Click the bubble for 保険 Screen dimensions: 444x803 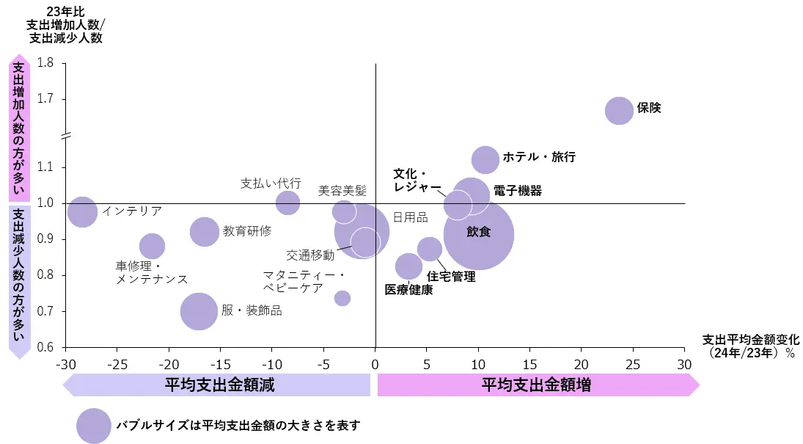(619, 111)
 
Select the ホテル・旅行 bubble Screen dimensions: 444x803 (485, 159)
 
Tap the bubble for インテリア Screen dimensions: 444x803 (82, 212)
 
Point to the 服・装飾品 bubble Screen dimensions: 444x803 (198, 311)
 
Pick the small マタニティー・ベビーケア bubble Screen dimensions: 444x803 (342, 298)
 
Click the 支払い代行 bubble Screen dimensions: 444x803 (287, 202)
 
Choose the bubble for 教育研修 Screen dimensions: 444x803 (205, 232)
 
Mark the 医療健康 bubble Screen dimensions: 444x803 (408, 266)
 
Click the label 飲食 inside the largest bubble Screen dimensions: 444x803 (478, 232)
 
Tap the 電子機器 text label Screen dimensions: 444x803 (518, 191)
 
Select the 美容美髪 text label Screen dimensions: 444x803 (342, 191)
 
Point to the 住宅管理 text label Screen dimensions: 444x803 (451, 277)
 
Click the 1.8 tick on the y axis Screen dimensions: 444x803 (45, 63)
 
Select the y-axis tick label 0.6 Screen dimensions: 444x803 (45, 347)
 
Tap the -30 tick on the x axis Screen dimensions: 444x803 (65, 363)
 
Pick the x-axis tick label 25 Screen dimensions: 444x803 (632, 363)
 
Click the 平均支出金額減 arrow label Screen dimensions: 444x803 (219, 385)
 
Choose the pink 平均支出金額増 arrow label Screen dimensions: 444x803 (536, 385)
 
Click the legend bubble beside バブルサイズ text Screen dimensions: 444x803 (93, 426)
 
